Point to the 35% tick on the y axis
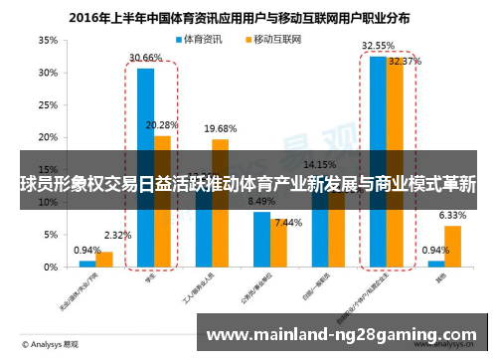tap(46, 41)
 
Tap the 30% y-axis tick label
tap(46, 74)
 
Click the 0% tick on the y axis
tap(49, 268)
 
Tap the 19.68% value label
tap(220, 128)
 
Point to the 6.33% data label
tap(452, 215)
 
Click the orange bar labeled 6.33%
tap(453, 247)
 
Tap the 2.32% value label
tap(117, 236)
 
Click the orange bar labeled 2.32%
tap(104, 260)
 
